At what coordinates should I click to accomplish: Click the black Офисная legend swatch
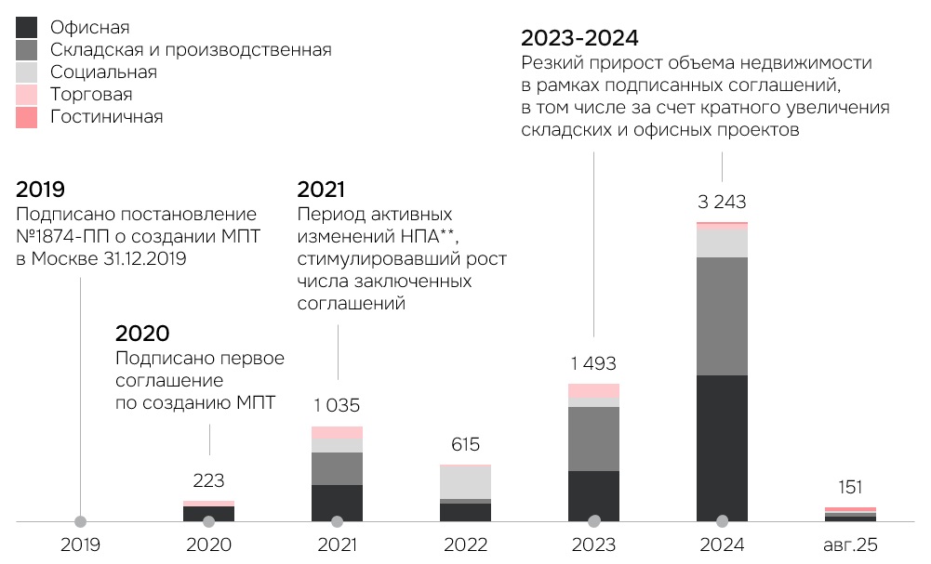click(x=27, y=27)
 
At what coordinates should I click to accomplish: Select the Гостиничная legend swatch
click(x=27, y=117)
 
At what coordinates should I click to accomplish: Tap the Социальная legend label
click(x=103, y=72)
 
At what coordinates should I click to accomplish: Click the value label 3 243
click(x=722, y=202)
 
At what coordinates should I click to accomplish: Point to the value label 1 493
click(x=593, y=363)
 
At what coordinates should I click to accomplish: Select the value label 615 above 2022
click(x=465, y=445)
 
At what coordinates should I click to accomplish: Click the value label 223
click(x=208, y=480)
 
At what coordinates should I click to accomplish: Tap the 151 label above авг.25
click(x=850, y=487)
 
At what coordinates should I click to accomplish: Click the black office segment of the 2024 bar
click(x=722, y=446)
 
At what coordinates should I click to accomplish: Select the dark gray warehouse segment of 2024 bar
click(x=722, y=316)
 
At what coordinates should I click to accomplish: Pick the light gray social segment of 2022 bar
click(x=465, y=482)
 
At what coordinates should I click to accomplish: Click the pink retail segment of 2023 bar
click(x=593, y=391)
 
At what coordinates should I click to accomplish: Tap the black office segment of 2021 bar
click(x=337, y=502)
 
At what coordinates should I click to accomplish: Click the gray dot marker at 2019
click(x=81, y=521)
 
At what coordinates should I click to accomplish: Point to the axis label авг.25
click(x=850, y=545)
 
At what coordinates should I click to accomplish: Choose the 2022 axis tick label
click(x=465, y=545)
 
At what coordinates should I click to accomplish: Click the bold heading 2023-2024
click(x=579, y=38)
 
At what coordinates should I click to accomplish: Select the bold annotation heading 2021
click(x=320, y=190)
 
